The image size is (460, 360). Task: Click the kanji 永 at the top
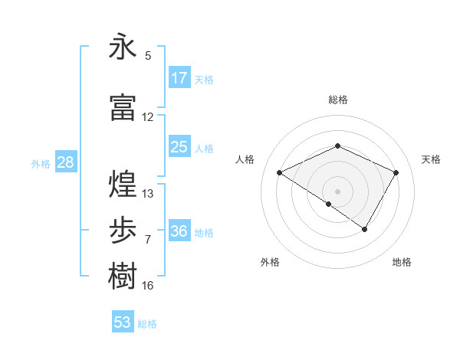coord(123,47)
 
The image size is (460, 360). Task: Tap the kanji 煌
coord(123,184)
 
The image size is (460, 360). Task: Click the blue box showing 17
coord(179,78)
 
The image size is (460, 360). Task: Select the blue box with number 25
coord(179,147)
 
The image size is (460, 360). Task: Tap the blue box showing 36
coord(179,231)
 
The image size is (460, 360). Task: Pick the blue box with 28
coord(65,162)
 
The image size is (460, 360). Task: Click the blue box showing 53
coord(123,322)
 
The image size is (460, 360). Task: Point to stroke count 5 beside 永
coord(148,56)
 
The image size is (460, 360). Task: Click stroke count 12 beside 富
coord(148,117)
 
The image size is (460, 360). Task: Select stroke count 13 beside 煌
coord(148,194)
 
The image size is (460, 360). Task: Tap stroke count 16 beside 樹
coord(148,286)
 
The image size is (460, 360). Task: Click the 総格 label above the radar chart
coord(337,100)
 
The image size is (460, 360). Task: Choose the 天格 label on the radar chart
coord(432,159)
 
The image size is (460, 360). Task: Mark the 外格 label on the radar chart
coord(270,262)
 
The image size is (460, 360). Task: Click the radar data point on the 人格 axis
coord(280,173)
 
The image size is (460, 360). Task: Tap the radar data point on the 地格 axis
coord(365,229)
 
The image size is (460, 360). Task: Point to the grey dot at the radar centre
coord(337,191)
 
